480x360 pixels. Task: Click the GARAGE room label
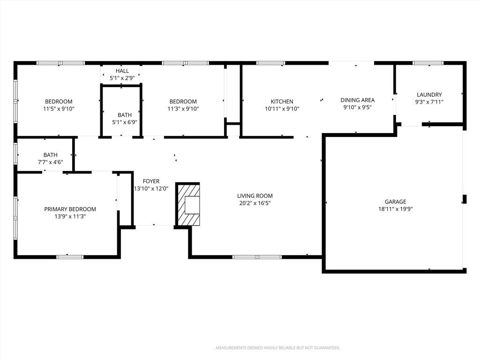[395, 202]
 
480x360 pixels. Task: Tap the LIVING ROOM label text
[255, 196]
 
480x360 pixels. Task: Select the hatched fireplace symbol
[187, 204]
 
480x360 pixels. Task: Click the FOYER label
[151, 181]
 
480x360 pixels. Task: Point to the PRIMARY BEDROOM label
[70, 210]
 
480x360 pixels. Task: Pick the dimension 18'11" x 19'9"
[395, 209]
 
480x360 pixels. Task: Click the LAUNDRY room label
[429, 95]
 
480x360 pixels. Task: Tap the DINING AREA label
[358, 100]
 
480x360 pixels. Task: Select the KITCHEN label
[282, 102]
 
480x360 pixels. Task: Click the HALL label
[122, 71]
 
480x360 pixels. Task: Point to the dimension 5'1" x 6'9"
[125, 122]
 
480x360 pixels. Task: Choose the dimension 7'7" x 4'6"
[51, 162]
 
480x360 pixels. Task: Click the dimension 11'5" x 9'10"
[59, 109]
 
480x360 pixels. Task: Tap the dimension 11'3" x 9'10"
[183, 109]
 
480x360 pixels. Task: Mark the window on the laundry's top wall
[428, 63]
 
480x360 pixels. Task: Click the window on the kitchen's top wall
[270, 63]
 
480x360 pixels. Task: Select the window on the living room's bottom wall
[257, 257]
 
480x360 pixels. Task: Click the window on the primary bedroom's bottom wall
[70, 257]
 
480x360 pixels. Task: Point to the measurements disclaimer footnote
[277, 348]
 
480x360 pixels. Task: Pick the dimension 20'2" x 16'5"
[255, 203]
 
